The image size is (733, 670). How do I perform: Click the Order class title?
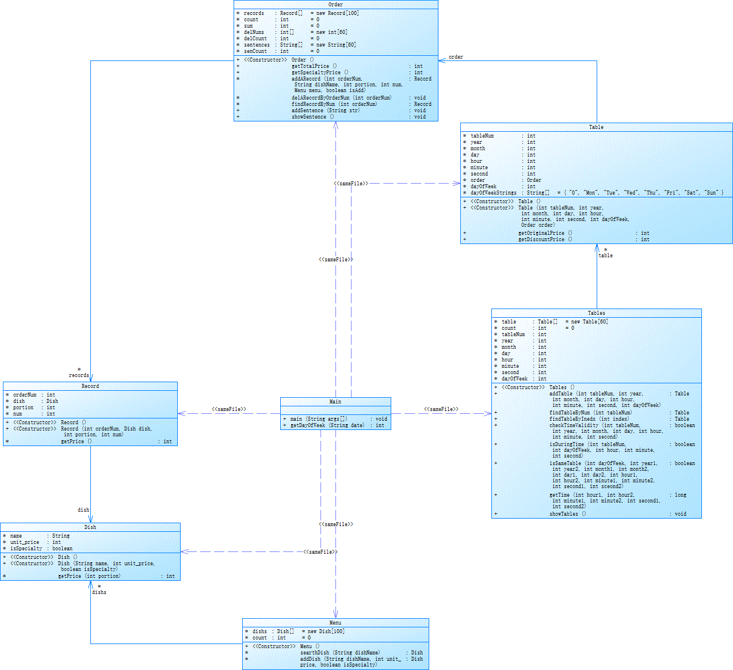[x=335, y=5]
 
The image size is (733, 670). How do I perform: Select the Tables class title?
[x=596, y=313]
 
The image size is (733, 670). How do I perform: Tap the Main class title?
[x=335, y=402]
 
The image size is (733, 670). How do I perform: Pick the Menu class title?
[x=335, y=623]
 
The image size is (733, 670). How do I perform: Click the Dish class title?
[x=90, y=527]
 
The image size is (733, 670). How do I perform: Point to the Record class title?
[x=90, y=386]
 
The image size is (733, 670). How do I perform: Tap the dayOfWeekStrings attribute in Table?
[x=493, y=193]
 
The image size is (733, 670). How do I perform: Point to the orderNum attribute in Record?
[x=25, y=395]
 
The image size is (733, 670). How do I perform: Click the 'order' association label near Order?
[x=456, y=57]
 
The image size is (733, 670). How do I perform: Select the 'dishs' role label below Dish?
[x=99, y=592]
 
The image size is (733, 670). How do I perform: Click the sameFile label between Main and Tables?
[x=441, y=409]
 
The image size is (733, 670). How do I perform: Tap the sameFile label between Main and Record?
[x=229, y=409]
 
